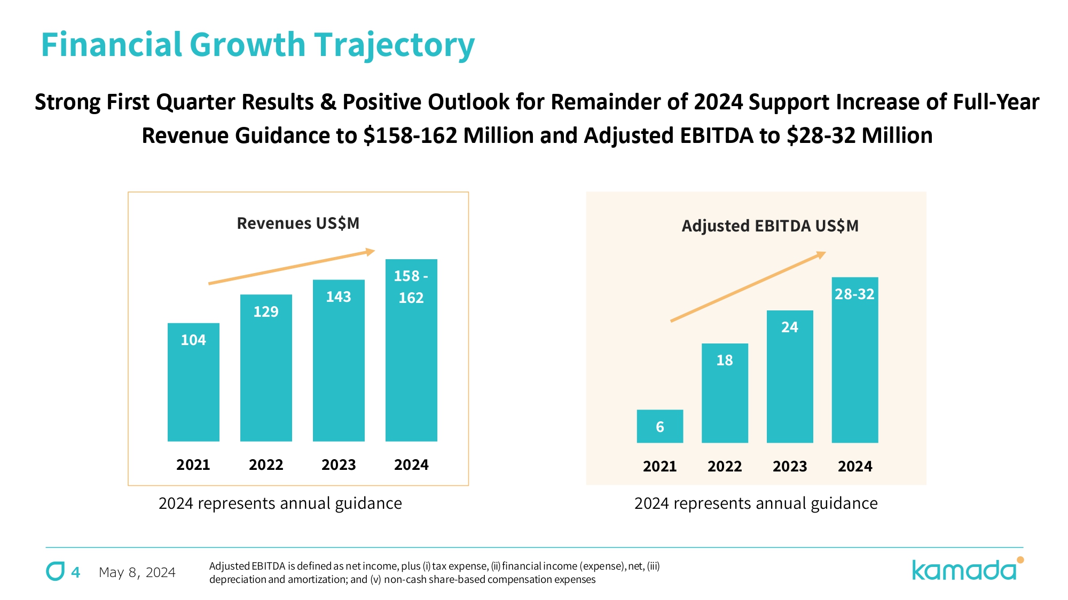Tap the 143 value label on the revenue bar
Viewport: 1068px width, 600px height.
tap(339, 297)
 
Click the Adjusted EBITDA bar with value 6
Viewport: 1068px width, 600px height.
tap(659, 426)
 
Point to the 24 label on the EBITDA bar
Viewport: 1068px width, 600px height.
tap(790, 327)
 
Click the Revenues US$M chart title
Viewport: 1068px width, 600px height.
tap(298, 223)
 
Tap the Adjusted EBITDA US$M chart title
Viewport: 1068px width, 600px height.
tap(770, 226)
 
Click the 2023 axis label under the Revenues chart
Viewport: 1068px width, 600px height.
tap(339, 465)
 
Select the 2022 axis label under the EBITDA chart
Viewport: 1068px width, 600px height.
tap(725, 467)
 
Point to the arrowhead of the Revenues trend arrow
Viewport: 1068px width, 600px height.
tap(370, 252)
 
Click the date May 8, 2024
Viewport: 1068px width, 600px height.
tap(137, 572)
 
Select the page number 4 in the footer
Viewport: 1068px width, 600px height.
tap(76, 572)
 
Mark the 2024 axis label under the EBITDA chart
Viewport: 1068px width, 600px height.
tap(854, 467)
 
